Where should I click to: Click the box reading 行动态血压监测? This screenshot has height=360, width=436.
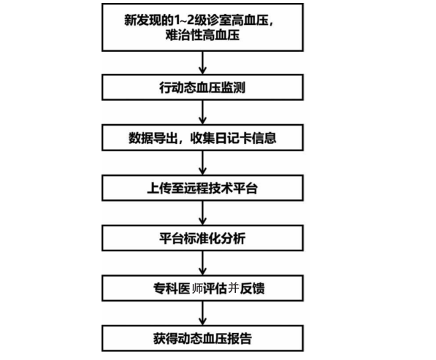(x=202, y=88)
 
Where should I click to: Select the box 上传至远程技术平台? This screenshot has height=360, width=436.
(x=202, y=188)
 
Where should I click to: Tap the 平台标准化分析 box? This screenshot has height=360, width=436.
(x=202, y=238)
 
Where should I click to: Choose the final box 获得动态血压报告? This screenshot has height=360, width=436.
(x=202, y=338)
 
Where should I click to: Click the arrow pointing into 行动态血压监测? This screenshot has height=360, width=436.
(x=203, y=63)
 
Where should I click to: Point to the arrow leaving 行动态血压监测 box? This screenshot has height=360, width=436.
(x=203, y=112)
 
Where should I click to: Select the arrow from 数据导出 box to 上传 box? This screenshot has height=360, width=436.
(x=203, y=163)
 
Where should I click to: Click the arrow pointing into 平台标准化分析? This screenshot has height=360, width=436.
(x=203, y=213)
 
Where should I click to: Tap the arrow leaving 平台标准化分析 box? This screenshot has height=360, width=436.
(x=203, y=264)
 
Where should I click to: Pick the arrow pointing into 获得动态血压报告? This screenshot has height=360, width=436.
(x=203, y=313)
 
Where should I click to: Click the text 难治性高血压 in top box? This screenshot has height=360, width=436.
(x=202, y=35)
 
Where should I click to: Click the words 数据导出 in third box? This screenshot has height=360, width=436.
(x=153, y=138)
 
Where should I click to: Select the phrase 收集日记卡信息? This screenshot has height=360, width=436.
(x=233, y=138)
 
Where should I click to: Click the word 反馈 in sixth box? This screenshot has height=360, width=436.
(x=252, y=288)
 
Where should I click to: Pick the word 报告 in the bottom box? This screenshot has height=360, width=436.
(x=240, y=338)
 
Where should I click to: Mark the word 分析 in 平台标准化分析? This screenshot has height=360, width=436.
(x=233, y=238)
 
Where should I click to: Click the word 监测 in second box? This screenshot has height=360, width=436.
(x=233, y=88)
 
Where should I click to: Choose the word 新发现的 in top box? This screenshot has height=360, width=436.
(x=149, y=20)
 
